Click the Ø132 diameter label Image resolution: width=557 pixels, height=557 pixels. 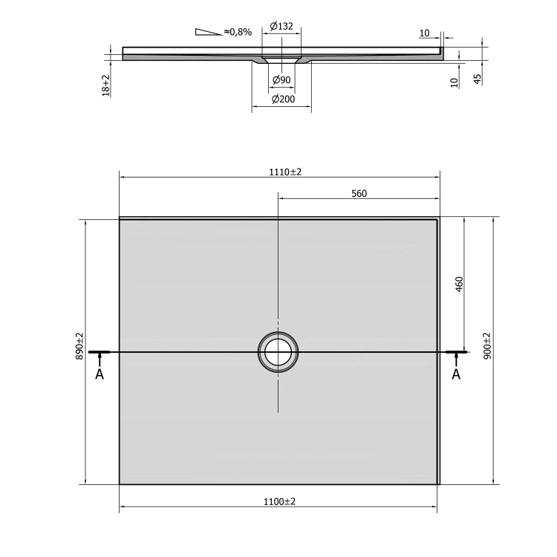click(x=281, y=26)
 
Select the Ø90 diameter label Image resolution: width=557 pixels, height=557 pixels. click(x=281, y=80)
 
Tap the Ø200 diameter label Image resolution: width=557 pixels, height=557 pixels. click(x=283, y=99)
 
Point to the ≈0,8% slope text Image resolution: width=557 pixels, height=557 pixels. click(x=238, y=32)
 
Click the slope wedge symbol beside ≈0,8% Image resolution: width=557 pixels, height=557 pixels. click(x=208, y=32)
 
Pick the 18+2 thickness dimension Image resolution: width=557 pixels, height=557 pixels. click(x=106, y=85)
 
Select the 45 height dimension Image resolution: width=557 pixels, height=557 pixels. click(x=478, y=79)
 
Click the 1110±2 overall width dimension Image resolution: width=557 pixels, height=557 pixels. click(x=285, y=172)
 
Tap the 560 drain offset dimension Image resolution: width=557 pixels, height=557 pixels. click(x=359, y=194)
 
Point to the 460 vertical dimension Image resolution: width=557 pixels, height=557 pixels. click(x=459, y=284)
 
